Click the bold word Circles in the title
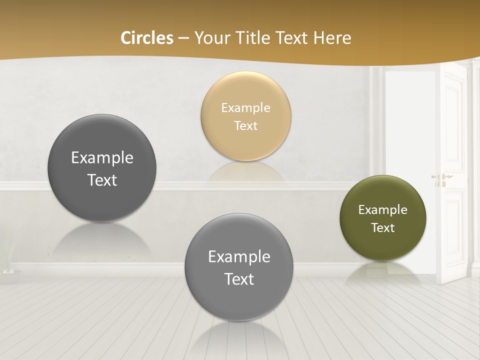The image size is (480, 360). point(146,38)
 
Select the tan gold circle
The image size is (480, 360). point(245,116)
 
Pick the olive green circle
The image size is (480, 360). point(382,218)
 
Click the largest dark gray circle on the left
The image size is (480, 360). point(102,168)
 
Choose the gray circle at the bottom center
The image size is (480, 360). point(239,267)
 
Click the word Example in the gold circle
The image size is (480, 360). point(245,107)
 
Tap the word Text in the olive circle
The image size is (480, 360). point(382,228)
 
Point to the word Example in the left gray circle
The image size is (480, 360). point(102,158)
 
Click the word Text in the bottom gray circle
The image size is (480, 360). point(239,279)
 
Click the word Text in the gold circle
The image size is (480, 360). point(245,125)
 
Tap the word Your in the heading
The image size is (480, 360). point(210,38)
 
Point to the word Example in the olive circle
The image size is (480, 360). point(382,210)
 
